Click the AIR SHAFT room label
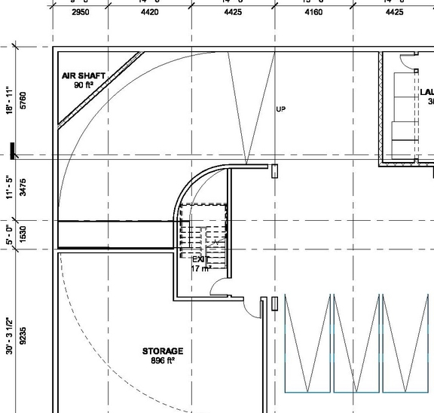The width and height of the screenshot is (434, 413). [x=83, y=76]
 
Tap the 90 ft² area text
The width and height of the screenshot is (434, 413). [x=83, y=85]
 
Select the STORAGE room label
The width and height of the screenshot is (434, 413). [x=163, y=351]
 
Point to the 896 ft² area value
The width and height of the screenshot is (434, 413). [x=163, y=360]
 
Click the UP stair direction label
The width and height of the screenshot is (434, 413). [x=281, y=109]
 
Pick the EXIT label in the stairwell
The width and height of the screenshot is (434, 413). [x=200, y=259]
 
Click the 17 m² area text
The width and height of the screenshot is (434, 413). [x=200, y=268]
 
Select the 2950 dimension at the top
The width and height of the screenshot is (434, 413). [x=80, y=12]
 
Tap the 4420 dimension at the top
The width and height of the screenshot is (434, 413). [x=149, y=12]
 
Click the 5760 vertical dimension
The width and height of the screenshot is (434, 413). [x=23, y=102]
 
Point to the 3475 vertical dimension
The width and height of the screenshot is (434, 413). [x=23, y=188]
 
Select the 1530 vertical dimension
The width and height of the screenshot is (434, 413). [x=23, y=234]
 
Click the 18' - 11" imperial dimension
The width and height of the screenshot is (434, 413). [x=10, y=102]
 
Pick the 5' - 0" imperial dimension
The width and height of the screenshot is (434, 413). [x=10, y=234]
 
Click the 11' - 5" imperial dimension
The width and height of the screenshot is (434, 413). [x=10, y=188]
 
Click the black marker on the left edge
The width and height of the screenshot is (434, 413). [x=12, y=151]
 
